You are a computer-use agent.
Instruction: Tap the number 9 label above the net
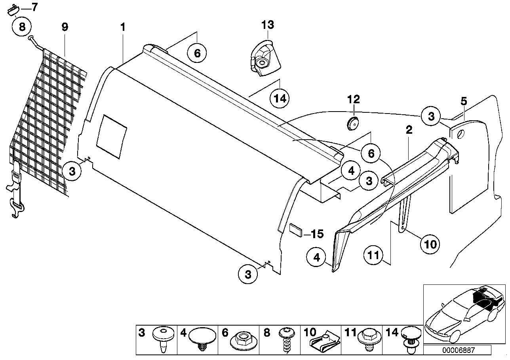click(65, 27)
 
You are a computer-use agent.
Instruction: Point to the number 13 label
click(267, 25)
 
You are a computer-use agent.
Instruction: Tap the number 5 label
click(464, 101)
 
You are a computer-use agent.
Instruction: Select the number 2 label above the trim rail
click(409, 129)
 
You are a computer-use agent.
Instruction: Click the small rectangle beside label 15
click(296, 229)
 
